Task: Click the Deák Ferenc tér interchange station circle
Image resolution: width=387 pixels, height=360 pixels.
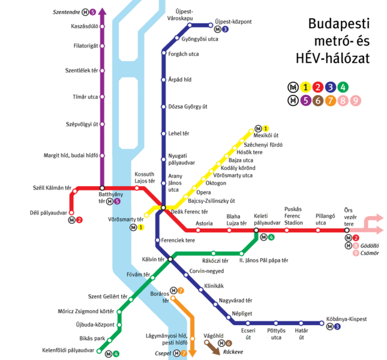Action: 163,208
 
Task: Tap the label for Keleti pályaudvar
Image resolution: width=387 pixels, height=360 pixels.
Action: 268,219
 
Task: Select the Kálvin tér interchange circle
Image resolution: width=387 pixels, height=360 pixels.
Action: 170,259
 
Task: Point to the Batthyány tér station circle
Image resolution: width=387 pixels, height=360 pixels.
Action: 103,188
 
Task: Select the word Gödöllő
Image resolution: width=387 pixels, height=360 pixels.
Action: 372,246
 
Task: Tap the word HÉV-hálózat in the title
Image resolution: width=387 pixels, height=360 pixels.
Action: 333,58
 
